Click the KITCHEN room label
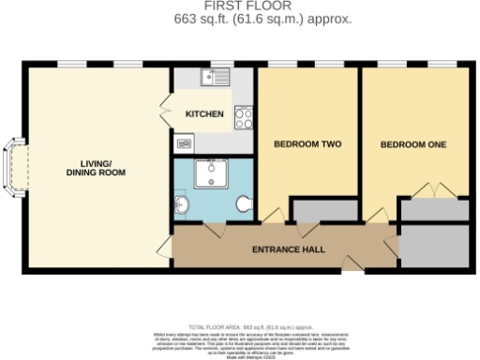(x=204, y=114)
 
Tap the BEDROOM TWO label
(x=307, y=144)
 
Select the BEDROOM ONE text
(x=413, y=144)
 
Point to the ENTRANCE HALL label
(x=290, y=249)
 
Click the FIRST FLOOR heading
(x=239, y=7)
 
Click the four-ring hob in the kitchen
(x=244, y=118)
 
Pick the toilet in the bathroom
(x=244, y=203)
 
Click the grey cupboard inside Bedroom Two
(x=326, y=210)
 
